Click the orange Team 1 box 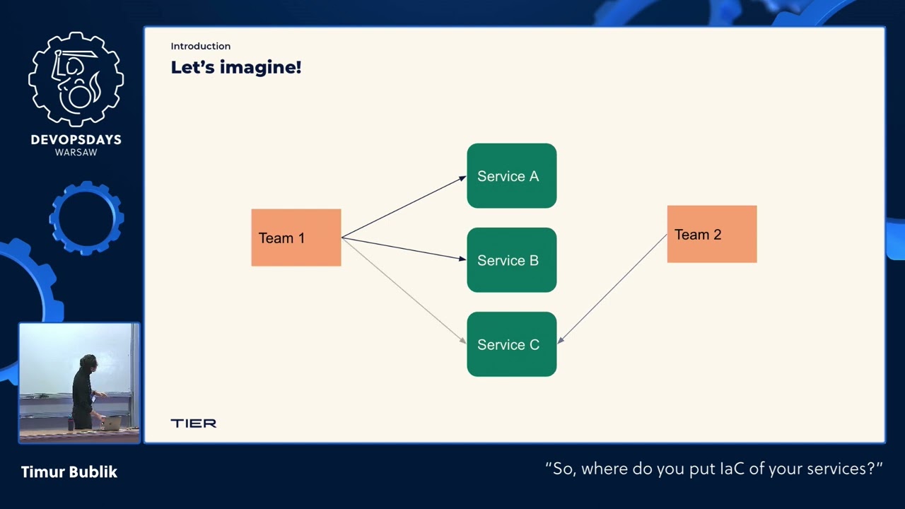pos(296,238)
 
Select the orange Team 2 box pos(711,234)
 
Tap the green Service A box pos(511,176)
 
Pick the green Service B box pos(511,260)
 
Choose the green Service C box pos(511,344)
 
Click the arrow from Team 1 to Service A pos(403,207)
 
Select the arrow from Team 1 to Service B pos(403,248)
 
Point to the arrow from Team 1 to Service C pos(403,290)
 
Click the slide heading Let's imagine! pos(235,67)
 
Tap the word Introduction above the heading pos(200,46)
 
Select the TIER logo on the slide pos(193,423)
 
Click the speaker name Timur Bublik pos(69,472)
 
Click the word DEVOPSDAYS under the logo pos(76,140)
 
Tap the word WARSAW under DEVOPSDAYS pos(76,153)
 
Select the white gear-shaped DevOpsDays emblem pos(76,79)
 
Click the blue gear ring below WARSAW pos(86,218)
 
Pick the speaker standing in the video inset pos(85,392)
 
